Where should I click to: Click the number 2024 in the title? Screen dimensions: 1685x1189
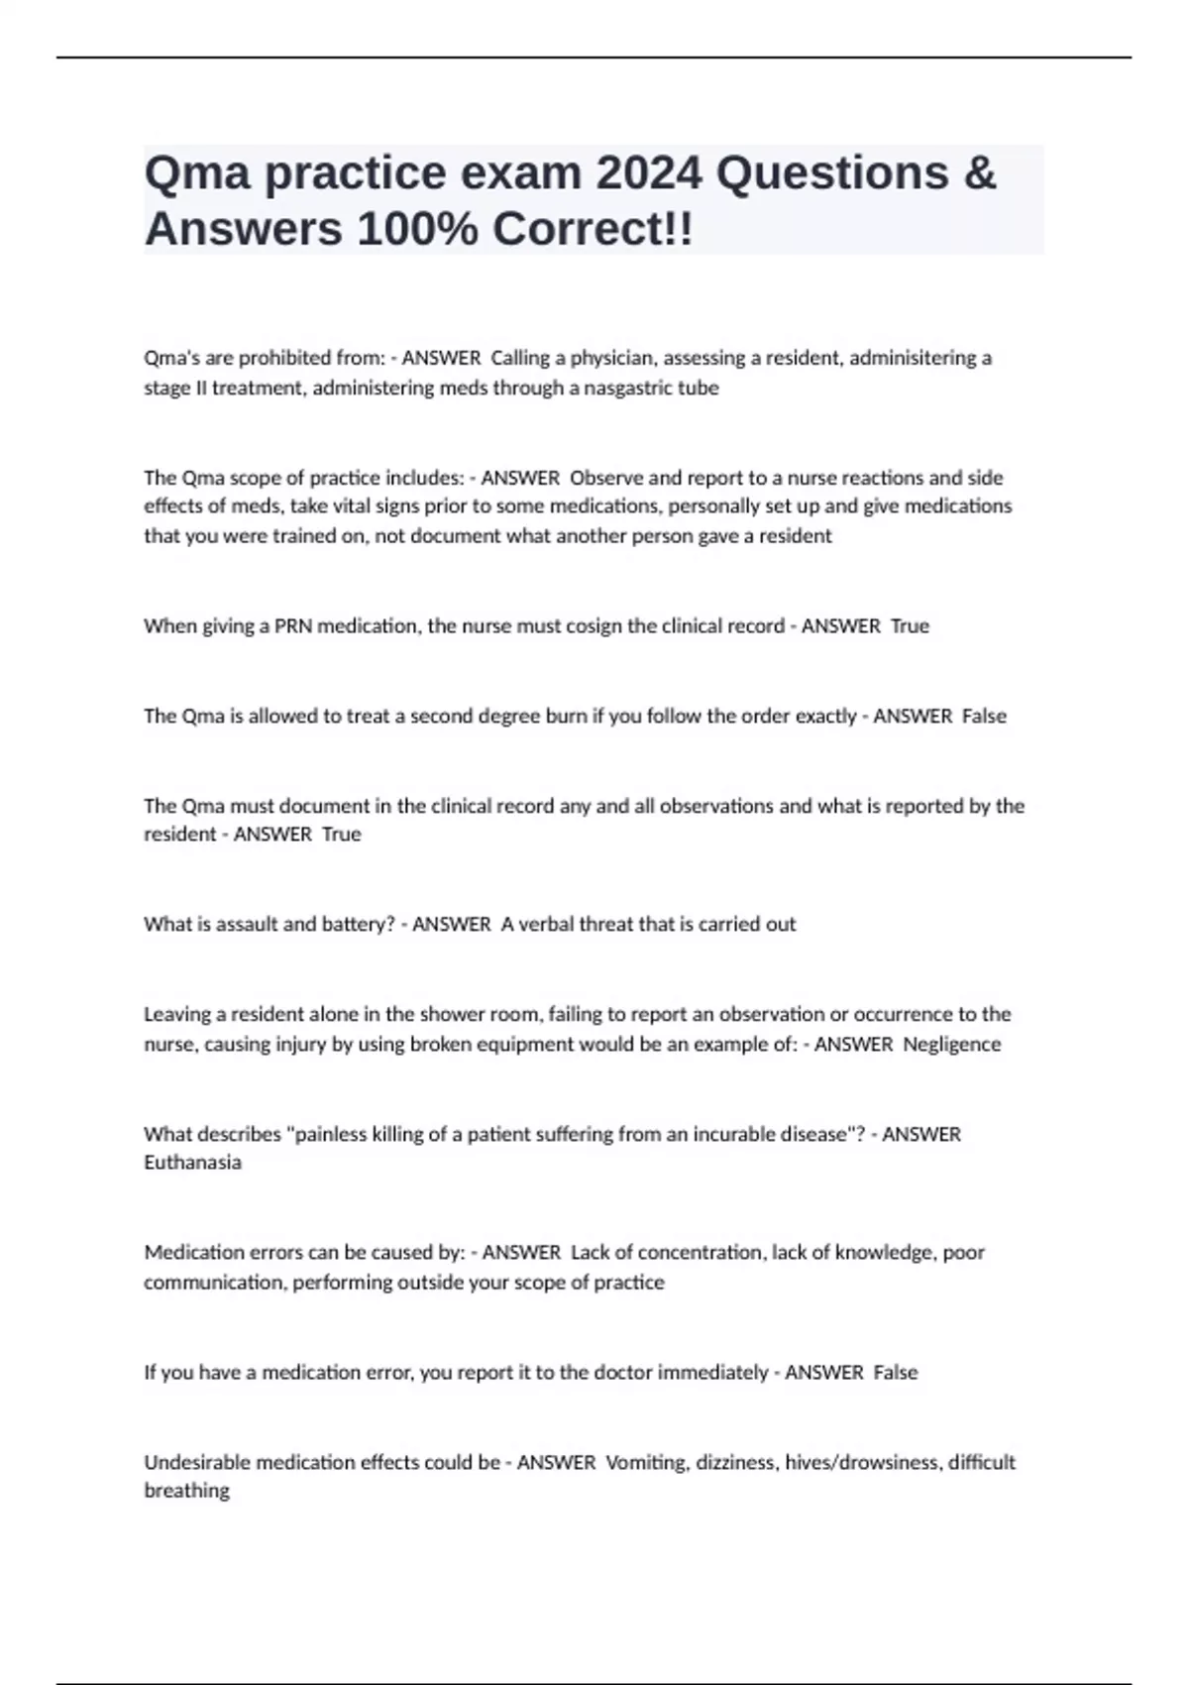click(x=648, y=172)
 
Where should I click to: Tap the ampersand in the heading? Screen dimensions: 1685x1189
click(x=978, y=172)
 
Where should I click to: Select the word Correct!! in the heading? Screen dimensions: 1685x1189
click(x=593, y=229)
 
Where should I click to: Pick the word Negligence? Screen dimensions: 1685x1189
click(x=952, y=1044)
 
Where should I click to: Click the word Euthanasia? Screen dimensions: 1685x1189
click(x=192, y=1163)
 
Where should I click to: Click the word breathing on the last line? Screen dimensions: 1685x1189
click(x=186, y=1491)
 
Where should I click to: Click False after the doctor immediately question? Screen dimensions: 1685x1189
click(x=896, y=1373)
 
